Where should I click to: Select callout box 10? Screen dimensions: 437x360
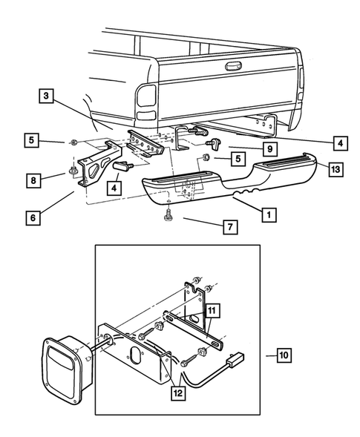point(283,355)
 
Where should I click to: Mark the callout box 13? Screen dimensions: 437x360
point(335,170)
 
